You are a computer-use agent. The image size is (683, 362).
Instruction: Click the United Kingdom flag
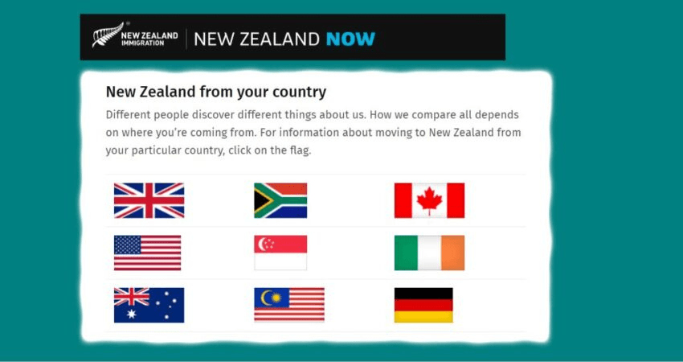149,200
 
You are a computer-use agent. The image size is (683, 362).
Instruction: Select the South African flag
280,200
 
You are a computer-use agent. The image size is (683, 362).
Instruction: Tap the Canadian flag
430,200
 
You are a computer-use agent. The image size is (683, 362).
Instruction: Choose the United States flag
147,253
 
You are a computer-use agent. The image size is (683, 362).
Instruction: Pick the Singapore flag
280,253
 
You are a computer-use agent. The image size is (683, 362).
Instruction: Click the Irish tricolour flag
430,253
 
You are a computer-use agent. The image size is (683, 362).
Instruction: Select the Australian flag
149,305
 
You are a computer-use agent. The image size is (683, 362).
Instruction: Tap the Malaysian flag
289,305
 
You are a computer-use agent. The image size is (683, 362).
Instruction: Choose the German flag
423,305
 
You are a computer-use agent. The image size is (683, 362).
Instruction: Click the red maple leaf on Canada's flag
430,200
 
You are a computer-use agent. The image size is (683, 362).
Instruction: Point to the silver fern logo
107,35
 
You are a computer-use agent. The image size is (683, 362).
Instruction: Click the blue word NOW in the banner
350,39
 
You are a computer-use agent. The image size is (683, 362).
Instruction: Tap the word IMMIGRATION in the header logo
143,43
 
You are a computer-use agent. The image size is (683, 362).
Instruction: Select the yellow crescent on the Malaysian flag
265,298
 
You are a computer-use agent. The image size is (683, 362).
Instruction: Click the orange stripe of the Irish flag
453,253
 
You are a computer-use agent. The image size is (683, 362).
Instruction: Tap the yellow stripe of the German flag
423,317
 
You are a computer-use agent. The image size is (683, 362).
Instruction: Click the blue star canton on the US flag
128,245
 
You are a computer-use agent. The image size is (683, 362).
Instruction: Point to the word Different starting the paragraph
127,115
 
